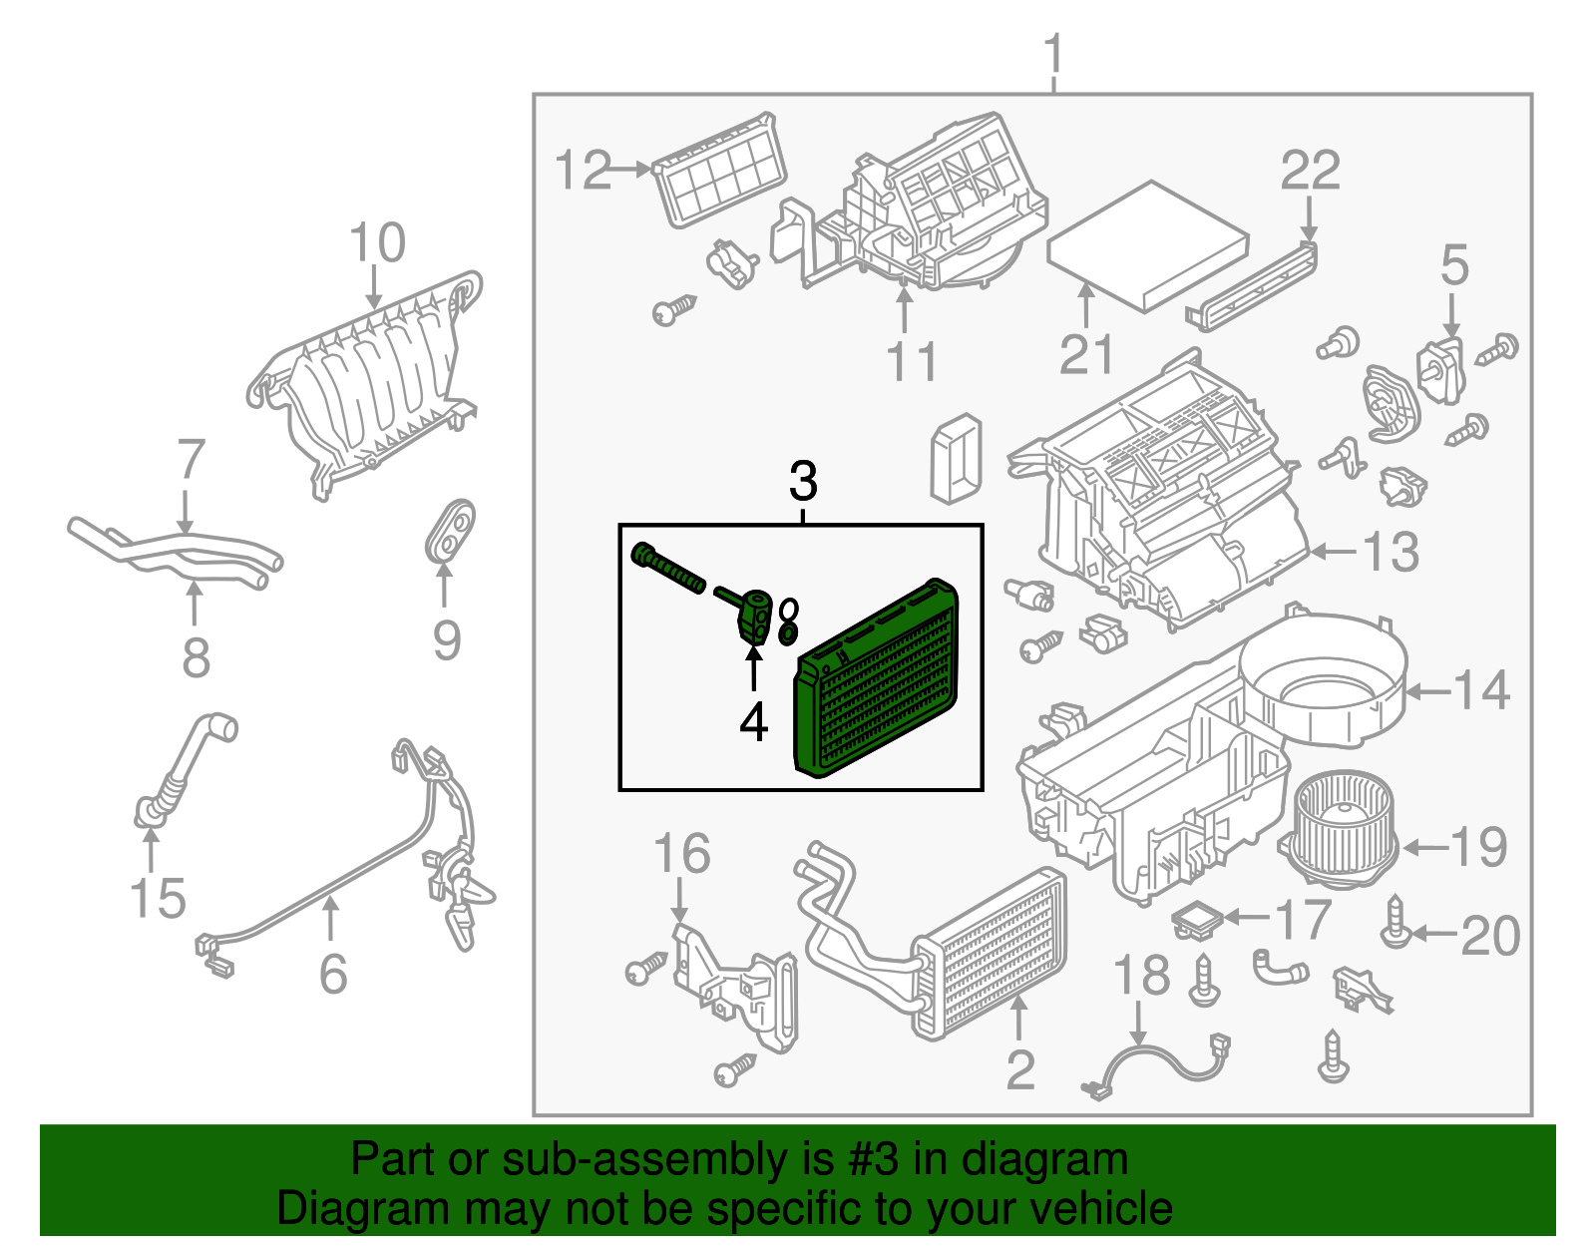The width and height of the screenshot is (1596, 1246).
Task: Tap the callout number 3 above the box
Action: tap(803, 482)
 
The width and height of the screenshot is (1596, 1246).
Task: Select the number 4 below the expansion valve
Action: tap(754, 722)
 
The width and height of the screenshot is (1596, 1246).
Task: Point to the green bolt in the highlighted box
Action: tap(666, 568)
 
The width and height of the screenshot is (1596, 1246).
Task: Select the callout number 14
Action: tap(1482, 690)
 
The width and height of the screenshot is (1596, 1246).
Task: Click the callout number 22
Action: tap(1310, 171)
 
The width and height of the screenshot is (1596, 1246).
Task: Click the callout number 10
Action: tap(377, 242)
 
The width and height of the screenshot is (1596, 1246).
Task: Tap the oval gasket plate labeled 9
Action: tap(450, 530)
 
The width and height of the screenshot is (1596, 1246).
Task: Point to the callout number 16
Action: tap(681, 854)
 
